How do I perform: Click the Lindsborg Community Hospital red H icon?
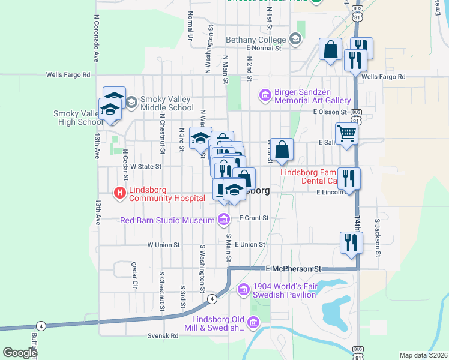(x=119, y=193)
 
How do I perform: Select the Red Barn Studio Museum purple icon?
(x=224, y=220)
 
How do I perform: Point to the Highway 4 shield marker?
(x=212, y=298)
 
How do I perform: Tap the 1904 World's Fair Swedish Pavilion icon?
(x=243, y=290)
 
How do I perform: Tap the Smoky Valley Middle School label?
(x=166, y=103)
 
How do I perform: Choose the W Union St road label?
(x=164, y=245)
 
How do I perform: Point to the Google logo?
(x=19, y=353)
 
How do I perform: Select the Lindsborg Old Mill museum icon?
(x=253, y=324)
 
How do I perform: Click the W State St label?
(x=146, y=166)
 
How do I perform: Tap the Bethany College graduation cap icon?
(x=295, y=40)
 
